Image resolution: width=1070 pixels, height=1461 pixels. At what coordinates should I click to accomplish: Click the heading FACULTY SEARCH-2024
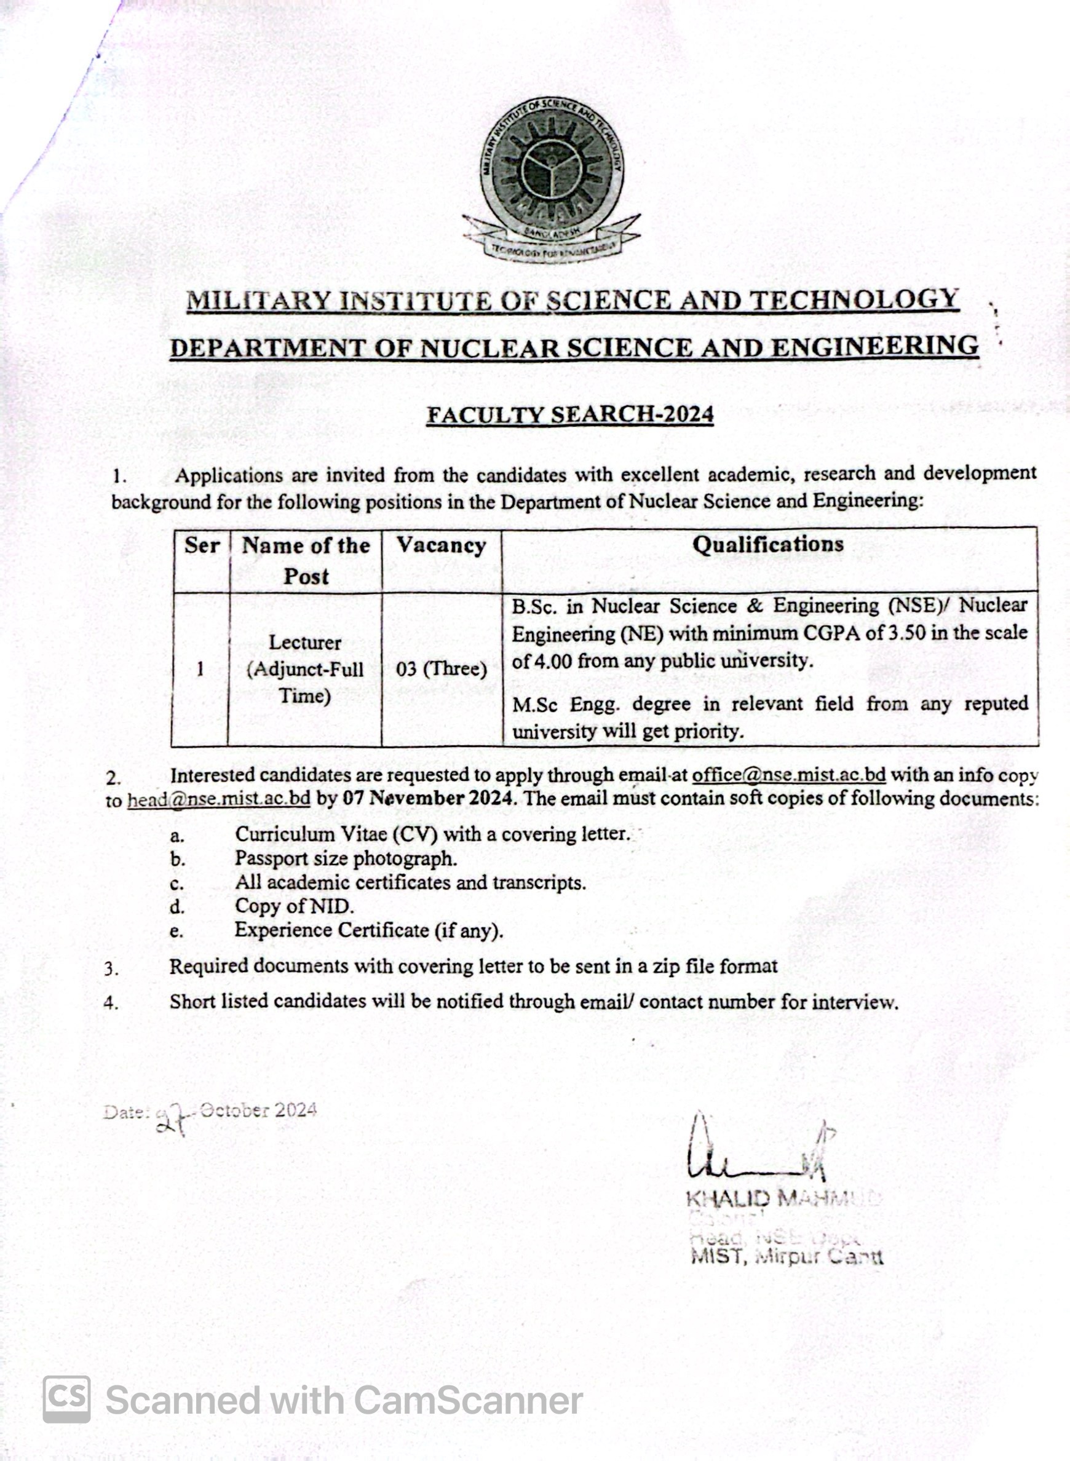point(570,414)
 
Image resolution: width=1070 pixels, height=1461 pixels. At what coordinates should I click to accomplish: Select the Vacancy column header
point(441,545)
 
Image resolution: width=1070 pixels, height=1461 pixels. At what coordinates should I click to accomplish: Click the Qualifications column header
point(768,544)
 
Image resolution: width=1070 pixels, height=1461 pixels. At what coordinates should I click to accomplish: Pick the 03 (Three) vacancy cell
point(441,668)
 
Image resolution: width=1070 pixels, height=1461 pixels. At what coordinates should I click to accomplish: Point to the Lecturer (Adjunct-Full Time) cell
point(305,669)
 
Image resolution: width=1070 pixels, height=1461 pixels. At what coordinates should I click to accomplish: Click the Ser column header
point(202,545)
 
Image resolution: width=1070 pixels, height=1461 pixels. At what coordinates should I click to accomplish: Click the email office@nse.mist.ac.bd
point(788,775)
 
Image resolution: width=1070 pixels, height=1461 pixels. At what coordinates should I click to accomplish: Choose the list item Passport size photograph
point(346,859)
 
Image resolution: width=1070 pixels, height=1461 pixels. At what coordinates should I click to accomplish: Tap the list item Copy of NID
point(294,906)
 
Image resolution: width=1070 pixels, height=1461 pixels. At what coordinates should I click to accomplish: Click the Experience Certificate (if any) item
point(368,930)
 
